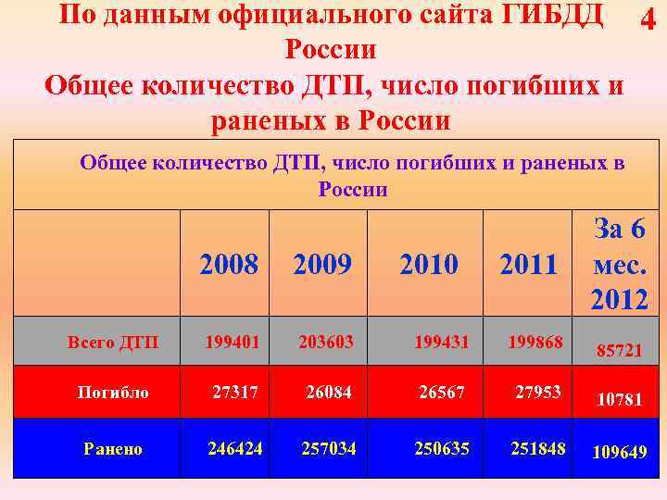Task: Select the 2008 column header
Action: click(x=229, y=265)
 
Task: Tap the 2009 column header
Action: click(x=322, y=265)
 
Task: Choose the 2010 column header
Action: click(x=428, y=265)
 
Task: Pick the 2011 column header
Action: click(x=528, y=265)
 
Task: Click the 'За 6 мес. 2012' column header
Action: click(x=619, y=264)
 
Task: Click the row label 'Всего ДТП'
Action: click(x=113, y=344)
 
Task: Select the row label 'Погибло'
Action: click(x=112, y=393)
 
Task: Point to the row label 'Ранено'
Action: click(x=113, y=449)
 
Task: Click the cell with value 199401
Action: click(x=233, y=343)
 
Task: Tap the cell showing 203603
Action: click(x=326, y=343)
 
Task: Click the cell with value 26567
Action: click(x=442, y=392)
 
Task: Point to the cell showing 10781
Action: click(x=620, y=400)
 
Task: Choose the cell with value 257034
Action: click(x=329, y=448)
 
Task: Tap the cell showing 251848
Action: click(x=537, y=448)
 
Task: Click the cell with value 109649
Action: click(x=620, y=453)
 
